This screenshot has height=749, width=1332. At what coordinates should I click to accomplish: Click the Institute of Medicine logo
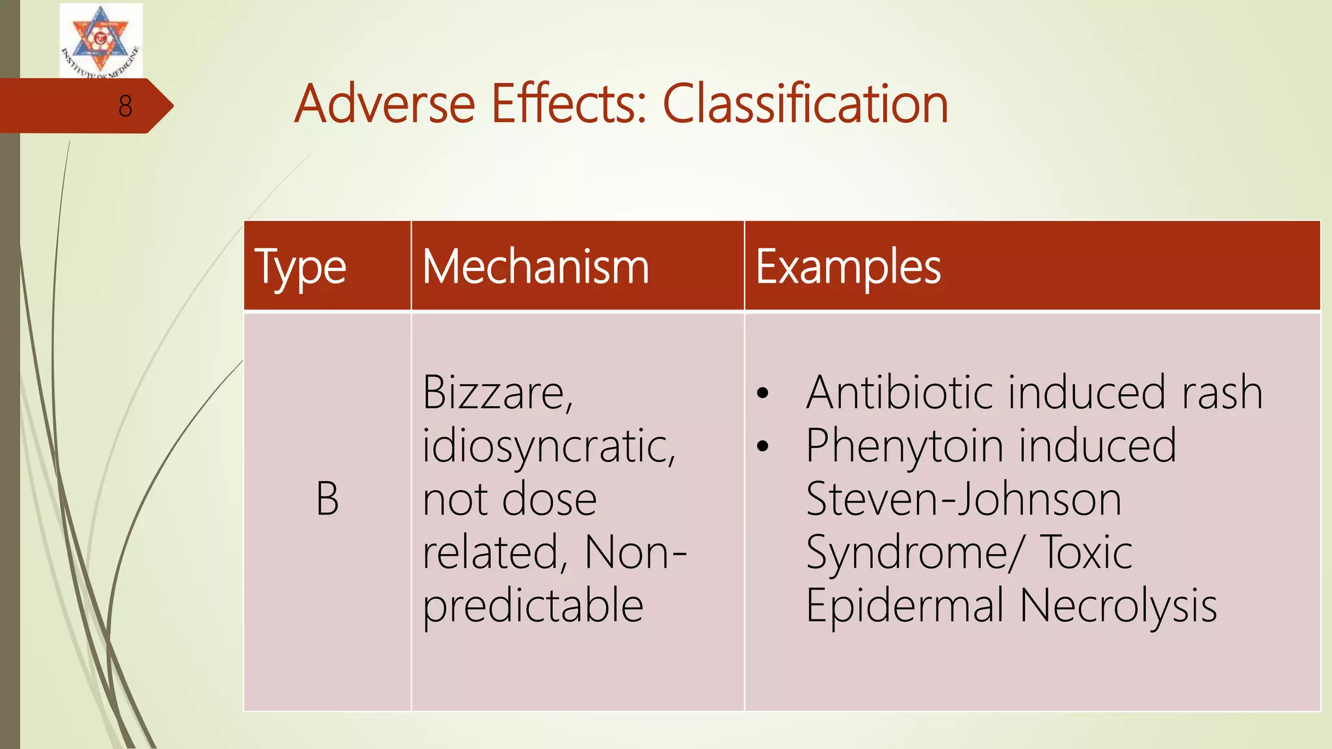(x=101, y=40)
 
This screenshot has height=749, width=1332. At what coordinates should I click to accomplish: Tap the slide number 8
(x=126, y=106)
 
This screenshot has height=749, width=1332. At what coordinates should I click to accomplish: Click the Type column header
(x=300, y=267)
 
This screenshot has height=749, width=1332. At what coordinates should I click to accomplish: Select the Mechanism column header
(x=536, y=267)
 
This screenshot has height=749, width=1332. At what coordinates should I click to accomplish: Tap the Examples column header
(x=848, y=267)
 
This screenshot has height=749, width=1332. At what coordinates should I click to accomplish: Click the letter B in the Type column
(x=327, y=499)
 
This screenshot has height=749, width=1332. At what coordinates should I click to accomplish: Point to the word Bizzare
(x=498, y=393)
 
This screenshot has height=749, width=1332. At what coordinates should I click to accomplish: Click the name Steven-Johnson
(x=963, y=499)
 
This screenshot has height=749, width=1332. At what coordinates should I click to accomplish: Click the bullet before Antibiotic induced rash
(x=763, y=393)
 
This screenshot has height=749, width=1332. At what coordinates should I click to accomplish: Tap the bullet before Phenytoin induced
(x=763, y=447)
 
